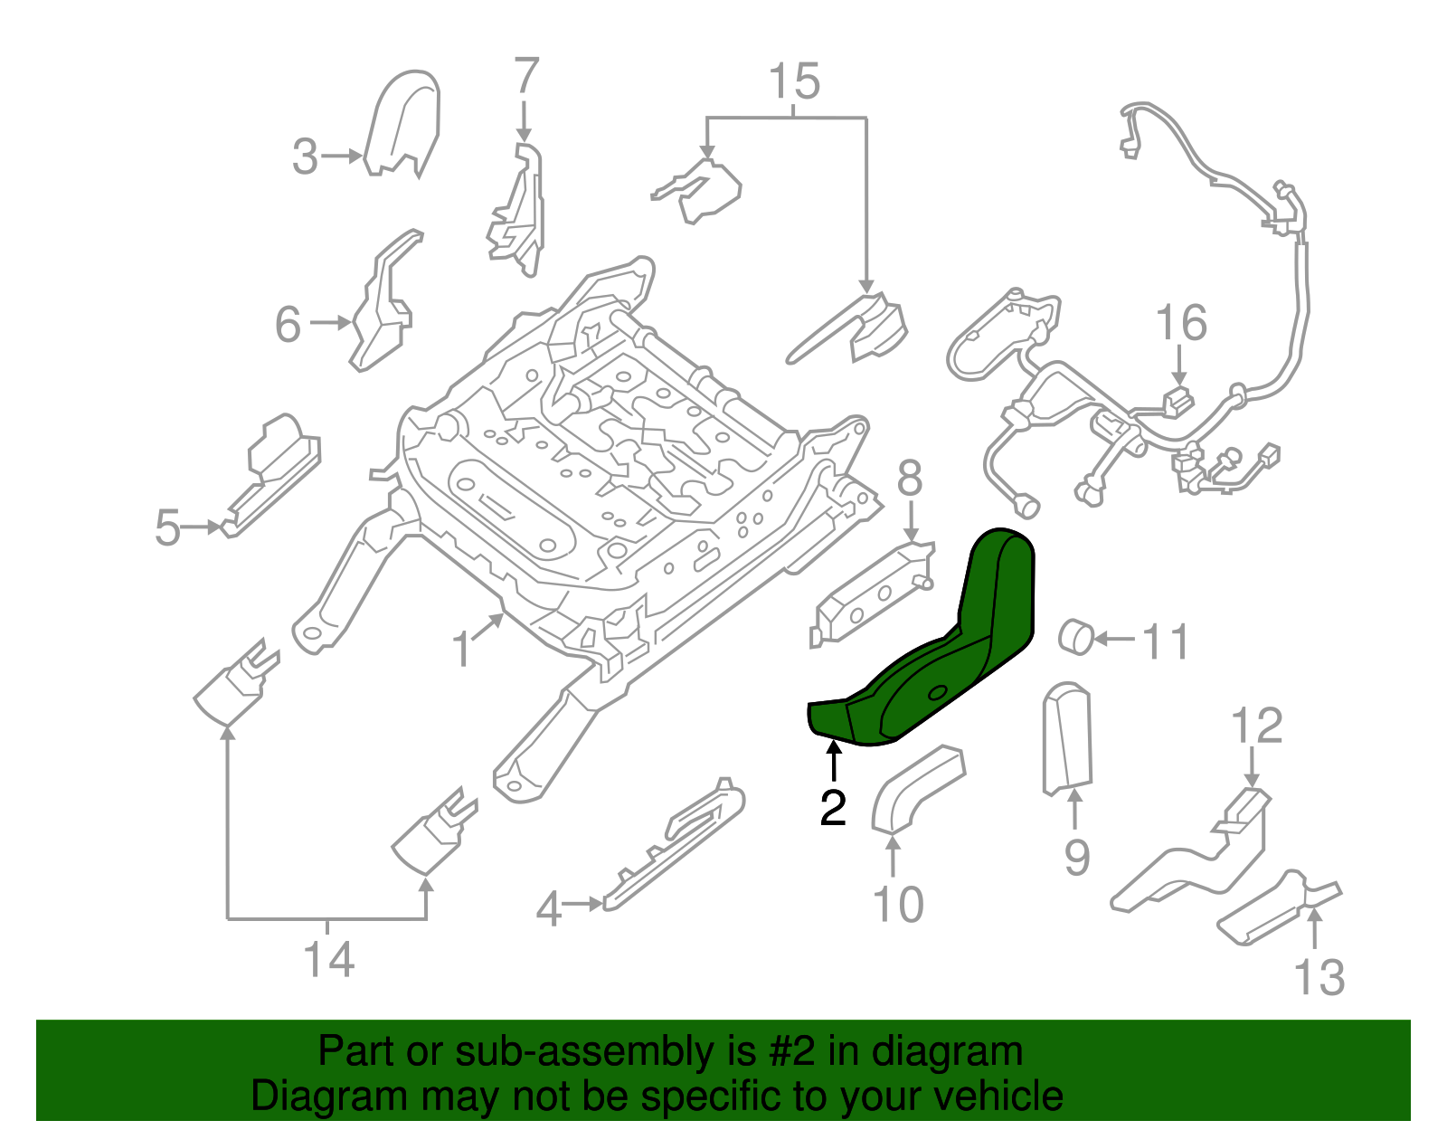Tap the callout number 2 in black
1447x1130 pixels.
[x=833, y=807]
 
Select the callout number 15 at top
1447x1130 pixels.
[x=794, y=81]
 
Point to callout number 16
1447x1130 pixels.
[x=1182, y=323]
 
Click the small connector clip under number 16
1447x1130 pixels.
[x=1178, y=402]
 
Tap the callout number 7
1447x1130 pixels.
[x=526, y=75]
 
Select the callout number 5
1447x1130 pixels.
[x=167, y=527]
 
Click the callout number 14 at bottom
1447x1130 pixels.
[x=329, y=960]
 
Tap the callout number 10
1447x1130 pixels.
[x=898, y=904]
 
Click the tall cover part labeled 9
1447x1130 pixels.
[x=1067, y=738]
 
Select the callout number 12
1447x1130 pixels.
[x=1256, y=726]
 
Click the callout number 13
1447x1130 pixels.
[x=1319, y=977]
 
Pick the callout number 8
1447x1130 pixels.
[x=911, y=478]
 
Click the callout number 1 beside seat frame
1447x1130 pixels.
[x=461, y=650]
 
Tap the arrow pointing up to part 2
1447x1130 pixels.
[x=833, y=761]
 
